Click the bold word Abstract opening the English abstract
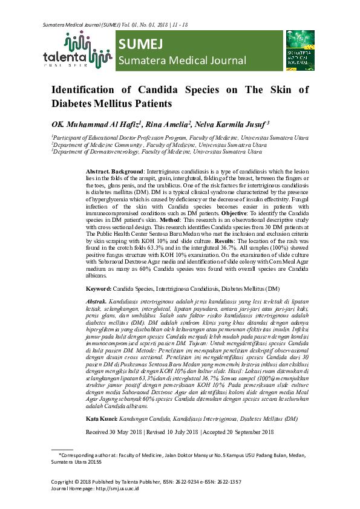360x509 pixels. point(98,172)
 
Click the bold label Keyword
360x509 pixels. point(97,289)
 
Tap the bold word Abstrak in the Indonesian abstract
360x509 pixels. point(97,300)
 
